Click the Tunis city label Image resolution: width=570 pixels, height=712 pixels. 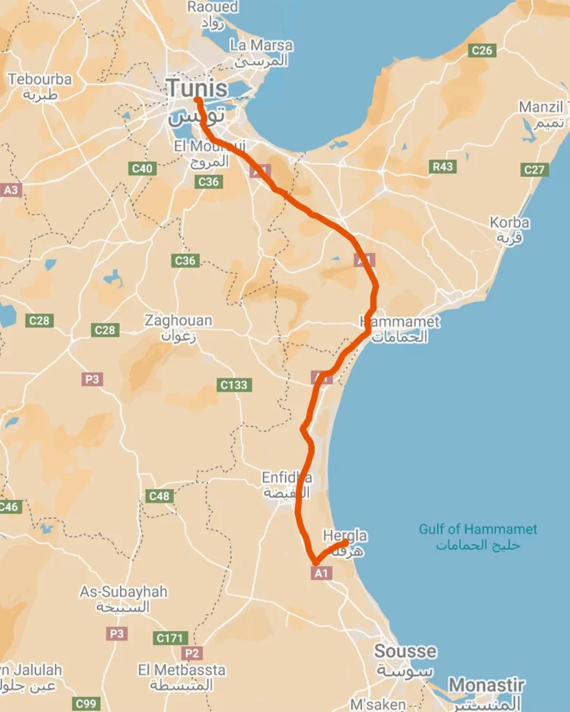point(196,88)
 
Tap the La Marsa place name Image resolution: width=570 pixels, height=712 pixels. point(261,45)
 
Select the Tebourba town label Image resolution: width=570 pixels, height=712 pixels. point(40,79)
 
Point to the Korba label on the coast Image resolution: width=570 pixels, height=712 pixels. point(509,223)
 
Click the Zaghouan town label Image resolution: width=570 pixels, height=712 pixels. point(178,321)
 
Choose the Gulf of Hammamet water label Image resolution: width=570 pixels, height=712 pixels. point(477,529)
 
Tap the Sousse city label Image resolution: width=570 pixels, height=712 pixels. point(405,652)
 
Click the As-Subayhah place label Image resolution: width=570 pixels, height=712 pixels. point(124,592)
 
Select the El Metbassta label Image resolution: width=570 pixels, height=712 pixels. point(182,670)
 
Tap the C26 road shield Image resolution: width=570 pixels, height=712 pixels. point(482,50)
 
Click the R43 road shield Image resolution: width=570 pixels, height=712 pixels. point(443,167)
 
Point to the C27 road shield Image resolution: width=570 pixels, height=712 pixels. point(535,170)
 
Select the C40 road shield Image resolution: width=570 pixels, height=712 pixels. point(143,168)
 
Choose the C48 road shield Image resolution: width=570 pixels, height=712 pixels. point(159,496)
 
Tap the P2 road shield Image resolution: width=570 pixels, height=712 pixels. point(191,654)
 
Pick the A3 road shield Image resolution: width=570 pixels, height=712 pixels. point(11,189)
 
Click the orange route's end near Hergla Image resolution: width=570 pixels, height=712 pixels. point(346,542)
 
